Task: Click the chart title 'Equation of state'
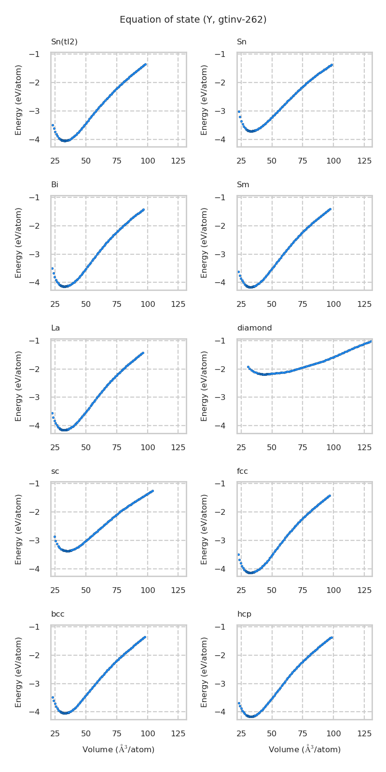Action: [x=193, y=20]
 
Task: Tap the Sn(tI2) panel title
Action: [x=64, y=42]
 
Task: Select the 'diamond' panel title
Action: [x=254, y=328]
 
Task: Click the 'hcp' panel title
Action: [x=244, y=614]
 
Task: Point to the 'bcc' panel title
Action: [x=57, y=614]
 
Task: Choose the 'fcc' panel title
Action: [x=242, y=471]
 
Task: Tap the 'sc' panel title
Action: [x=55, y=471]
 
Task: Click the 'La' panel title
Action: [x=55, y=328]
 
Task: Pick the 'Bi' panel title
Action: [x=55, y=185]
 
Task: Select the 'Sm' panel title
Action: [x=243, y=185]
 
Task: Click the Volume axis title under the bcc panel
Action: [x=118, y=749]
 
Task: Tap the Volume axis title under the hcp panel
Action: [x=304, y=749]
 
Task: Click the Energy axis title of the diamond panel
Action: [x=205, y=386]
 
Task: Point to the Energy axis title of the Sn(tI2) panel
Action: [x=19, y=100]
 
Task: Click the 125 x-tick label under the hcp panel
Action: [x=364, y=733]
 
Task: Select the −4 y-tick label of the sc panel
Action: [x=34, y=569]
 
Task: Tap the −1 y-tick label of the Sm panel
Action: [x=220, y=197]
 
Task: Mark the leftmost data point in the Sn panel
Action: [x=238, y=111]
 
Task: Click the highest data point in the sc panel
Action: [x=152, y=491]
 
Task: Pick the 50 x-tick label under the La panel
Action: [x=86, y=447]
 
